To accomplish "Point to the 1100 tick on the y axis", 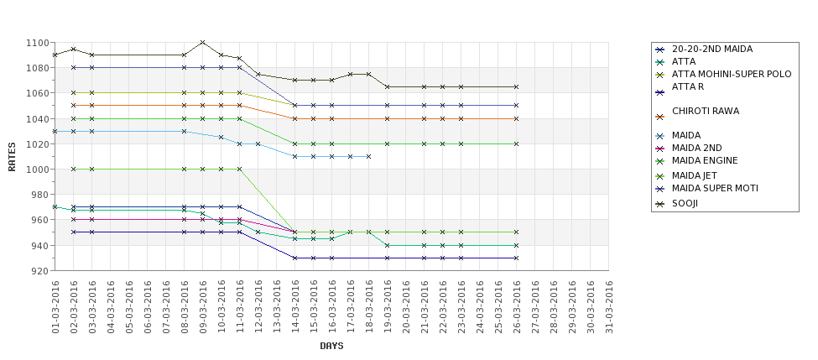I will pos(37,43).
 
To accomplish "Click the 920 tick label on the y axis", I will pos(39,271).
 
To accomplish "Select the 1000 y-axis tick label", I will pos(37,170).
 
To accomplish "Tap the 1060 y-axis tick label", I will pos(37,93).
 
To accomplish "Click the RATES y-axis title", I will pos(12,156).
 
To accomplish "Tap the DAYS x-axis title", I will pos(331,346).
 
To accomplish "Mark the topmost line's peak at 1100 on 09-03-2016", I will pos(202,43).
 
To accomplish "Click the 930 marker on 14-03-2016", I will pos(294,258).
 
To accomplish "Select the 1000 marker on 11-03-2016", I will pos(239,169).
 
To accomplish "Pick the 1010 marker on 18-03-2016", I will pos(368,156).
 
